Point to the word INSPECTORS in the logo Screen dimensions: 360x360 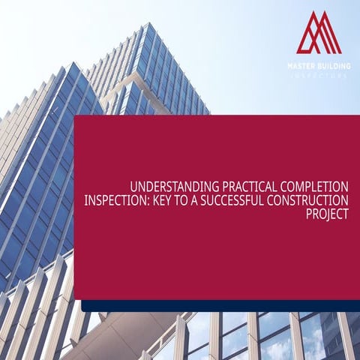(319, 75)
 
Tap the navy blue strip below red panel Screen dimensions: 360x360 (217, 305)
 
